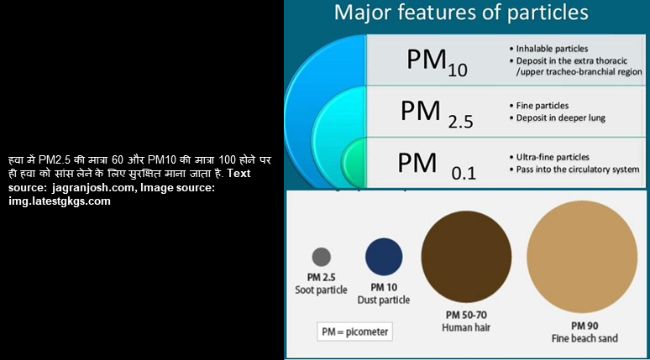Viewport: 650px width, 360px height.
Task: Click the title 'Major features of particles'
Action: (461, 13)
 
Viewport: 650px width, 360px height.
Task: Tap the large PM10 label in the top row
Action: (437, 62)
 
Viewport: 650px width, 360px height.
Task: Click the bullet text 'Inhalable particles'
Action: (552, 49)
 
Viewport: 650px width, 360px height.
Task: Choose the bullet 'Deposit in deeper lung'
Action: (560, 118)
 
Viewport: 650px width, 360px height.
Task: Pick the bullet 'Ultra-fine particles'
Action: (553, 158)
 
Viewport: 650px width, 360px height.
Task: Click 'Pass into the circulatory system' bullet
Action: (578, 170)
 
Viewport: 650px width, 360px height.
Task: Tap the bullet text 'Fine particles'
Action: (543, 106)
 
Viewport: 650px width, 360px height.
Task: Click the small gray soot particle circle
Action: (322, 257)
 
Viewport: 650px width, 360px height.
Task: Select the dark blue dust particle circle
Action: (384, 257)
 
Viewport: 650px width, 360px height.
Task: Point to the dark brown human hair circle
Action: (466, 257)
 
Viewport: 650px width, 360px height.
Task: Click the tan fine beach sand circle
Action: (582, 257)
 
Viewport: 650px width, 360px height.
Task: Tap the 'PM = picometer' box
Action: (355, 331)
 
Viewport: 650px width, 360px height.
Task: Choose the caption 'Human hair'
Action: (466, 327)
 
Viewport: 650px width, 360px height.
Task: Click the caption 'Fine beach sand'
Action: (584, 338)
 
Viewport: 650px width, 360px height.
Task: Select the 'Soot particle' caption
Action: (322, 290)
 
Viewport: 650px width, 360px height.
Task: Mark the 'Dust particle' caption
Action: (384, 300)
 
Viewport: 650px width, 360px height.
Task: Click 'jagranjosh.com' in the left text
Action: (93, 188)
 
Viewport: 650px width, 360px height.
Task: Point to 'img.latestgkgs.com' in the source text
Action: (60, 201)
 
